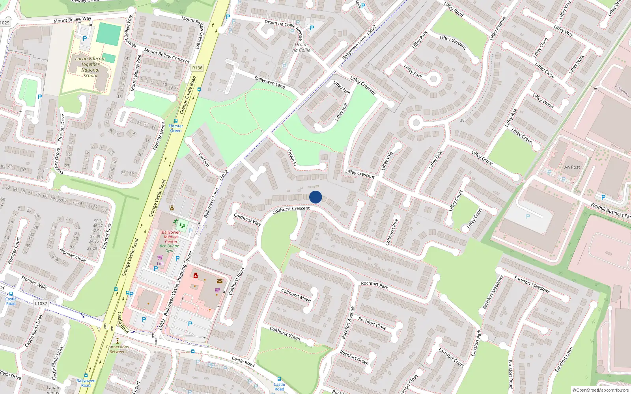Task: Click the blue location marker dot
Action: click(x=315, y=197)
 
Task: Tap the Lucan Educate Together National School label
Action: click(x=90, y=67)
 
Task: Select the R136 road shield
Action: click(x=197, y=68)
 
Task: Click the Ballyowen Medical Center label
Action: click(x=171, y=237)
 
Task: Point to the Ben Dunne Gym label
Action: click(x=169, y=248)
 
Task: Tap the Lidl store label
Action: click(x=160, y=264)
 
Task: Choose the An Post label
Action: click(x=572, y=167)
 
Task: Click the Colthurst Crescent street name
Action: click(x=291, y=210)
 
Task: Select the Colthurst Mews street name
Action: click(x=296, y=295)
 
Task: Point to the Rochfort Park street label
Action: click(x=374, y=285)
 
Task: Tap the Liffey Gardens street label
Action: click(x=453, y=43)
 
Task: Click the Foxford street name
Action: click(x=203, y=160)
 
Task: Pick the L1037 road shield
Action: click(x=41, y=303)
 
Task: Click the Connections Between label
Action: click(x=117, y=349)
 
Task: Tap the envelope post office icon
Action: click(x=220, y=281)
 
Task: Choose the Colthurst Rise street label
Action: click(x=392, y=231)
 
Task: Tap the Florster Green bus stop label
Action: click(x=175, y=128)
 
